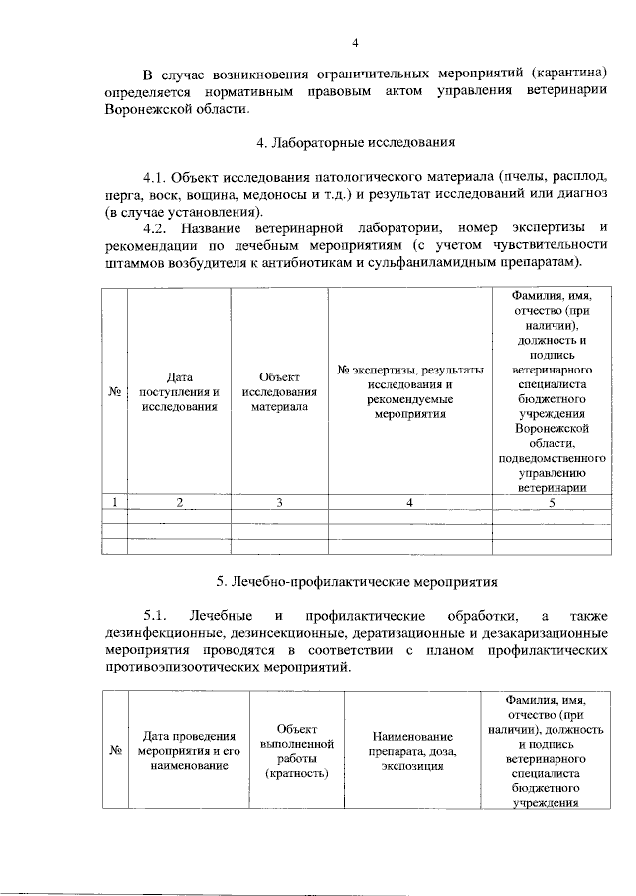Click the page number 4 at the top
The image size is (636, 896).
coord(355,41)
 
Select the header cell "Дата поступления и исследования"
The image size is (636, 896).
coord(179,391)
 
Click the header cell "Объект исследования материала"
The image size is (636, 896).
coord(279,391)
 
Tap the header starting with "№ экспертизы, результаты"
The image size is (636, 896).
coord(410,391)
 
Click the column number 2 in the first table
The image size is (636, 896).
coord(180,502)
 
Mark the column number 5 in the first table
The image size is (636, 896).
coord(553,502)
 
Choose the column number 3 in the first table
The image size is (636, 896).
coord(280,502)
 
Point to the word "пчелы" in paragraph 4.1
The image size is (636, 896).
coord(528,176)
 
